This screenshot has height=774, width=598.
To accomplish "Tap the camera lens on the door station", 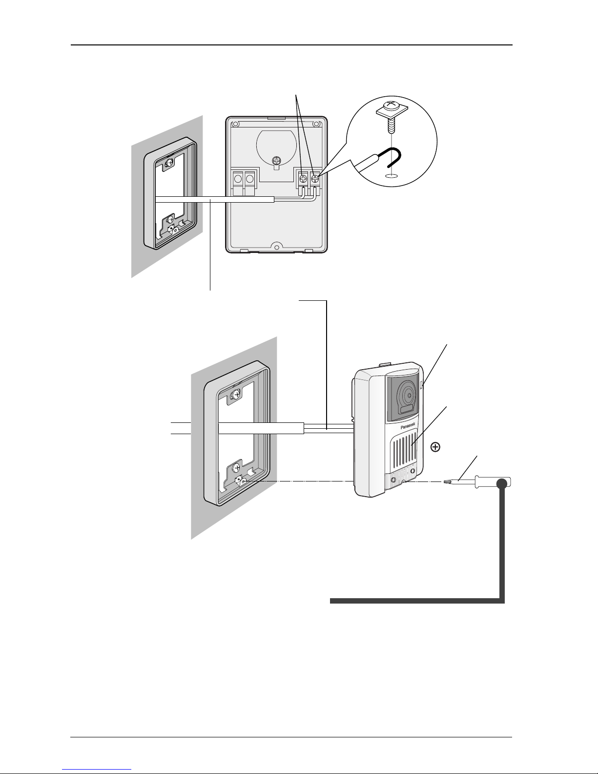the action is tap(408, 395).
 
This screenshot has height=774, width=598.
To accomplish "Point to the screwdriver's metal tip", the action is tap(445, 482).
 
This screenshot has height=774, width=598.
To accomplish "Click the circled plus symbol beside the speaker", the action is tap(435, 447).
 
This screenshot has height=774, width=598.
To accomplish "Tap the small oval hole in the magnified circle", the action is tap(391, 175).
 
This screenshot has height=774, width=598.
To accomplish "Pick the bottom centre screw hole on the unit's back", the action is tap(276, 246).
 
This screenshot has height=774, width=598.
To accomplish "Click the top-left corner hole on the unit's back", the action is tap(235, 125).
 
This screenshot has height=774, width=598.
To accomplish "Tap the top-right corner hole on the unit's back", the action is tap(316, 124).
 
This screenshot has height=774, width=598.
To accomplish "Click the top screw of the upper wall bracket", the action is tap(170, 163).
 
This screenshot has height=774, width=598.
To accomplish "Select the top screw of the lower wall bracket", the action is tap(236, 394).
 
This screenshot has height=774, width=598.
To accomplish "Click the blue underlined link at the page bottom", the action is tap(97, 770).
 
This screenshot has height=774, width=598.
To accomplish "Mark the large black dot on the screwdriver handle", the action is tap(502, 483).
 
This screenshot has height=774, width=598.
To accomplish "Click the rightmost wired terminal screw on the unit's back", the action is tap(314, 177).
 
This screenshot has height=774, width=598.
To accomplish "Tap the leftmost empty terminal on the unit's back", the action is tap(238, 177).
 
